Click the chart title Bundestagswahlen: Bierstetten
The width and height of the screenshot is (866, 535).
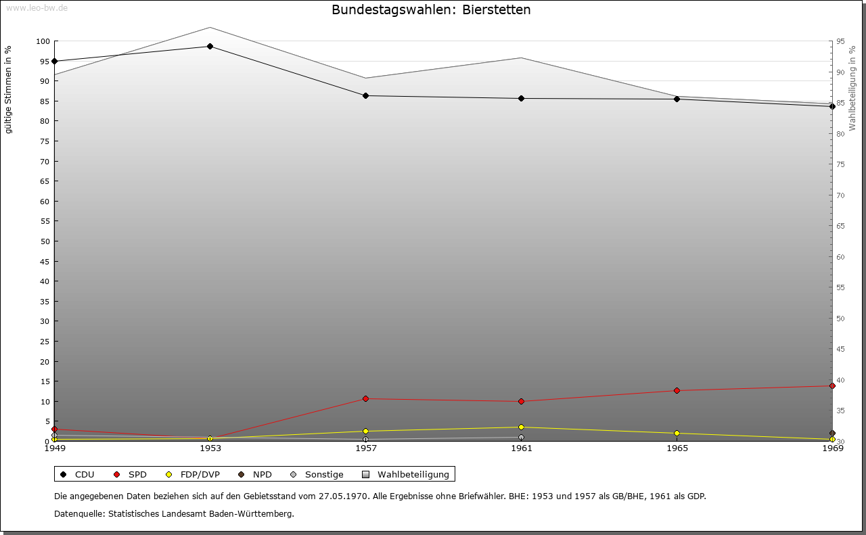(431, 10)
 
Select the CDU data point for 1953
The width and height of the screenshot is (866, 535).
(210, 47)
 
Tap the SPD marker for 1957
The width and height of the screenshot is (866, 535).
(365, 399)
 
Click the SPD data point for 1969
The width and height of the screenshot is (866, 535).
(832, 386)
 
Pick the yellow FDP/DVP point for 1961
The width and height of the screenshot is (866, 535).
(521, 427)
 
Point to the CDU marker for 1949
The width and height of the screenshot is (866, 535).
(54, 62)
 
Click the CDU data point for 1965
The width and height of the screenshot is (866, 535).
(677, 99)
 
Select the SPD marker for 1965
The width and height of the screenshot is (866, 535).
(677, 391)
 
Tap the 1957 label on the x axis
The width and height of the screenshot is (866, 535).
(365, 448)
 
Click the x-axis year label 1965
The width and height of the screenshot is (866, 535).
(677, 448)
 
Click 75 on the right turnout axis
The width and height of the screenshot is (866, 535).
(840, 164)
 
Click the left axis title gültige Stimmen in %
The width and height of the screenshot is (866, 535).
(9, 89)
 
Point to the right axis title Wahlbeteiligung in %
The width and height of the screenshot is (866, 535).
(852, 87)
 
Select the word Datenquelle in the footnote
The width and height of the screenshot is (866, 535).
(79, 514)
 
